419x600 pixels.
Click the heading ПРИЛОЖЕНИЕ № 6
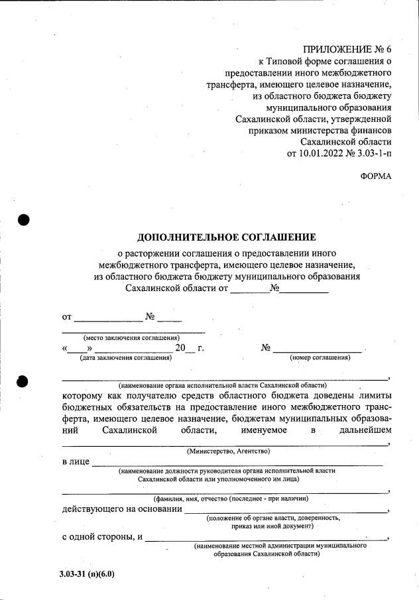pos(347,50)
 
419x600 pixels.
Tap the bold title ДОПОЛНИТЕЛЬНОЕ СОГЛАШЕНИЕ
pos(226,237)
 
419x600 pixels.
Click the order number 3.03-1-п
pos(373,154)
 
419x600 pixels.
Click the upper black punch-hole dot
pos(24,220)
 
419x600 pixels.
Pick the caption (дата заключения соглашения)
pos(125,358)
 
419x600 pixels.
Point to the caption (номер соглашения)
pos(320,358)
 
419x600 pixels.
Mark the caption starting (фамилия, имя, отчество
pos(229,498)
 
